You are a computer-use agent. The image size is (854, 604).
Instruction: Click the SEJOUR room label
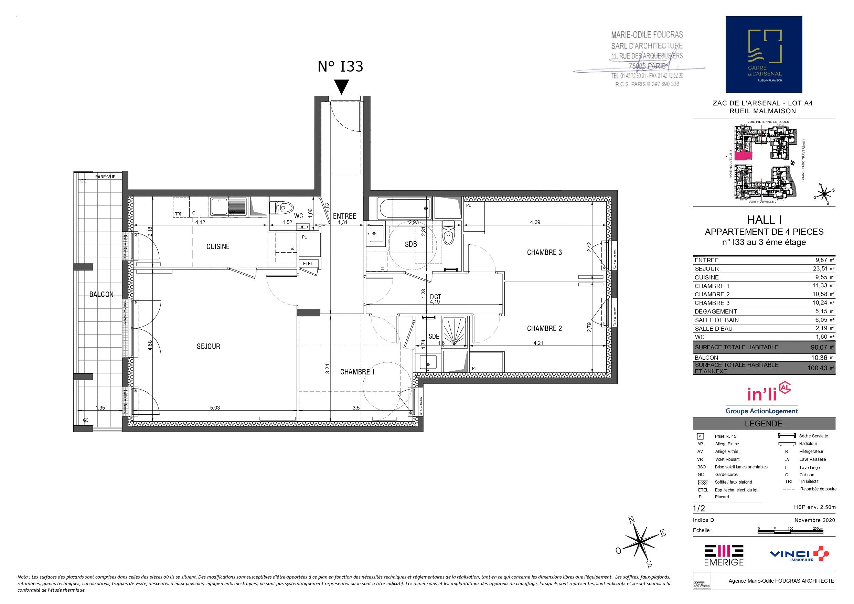tap(208, 347)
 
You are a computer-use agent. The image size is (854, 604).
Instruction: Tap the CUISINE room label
tap(218, 246)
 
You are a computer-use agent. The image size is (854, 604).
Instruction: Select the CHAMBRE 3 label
tap(544, 252)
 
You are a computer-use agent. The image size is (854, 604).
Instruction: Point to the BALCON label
tap(101, 294)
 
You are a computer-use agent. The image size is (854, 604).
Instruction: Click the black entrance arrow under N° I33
tap(341, 87)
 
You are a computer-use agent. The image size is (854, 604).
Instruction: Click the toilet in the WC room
tap(281, 207)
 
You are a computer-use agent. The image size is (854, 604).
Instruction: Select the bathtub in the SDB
tap(404, 209)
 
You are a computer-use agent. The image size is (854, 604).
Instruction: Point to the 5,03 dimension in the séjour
tap(215, 407)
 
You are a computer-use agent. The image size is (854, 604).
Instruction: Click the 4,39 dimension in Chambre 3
tap(535, 222)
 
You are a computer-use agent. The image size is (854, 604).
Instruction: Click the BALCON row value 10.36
tap(821, 358)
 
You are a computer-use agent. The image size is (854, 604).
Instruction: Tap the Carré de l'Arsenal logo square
tap(764, 54)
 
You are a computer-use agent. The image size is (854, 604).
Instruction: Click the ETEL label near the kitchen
tap(308, 264)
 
